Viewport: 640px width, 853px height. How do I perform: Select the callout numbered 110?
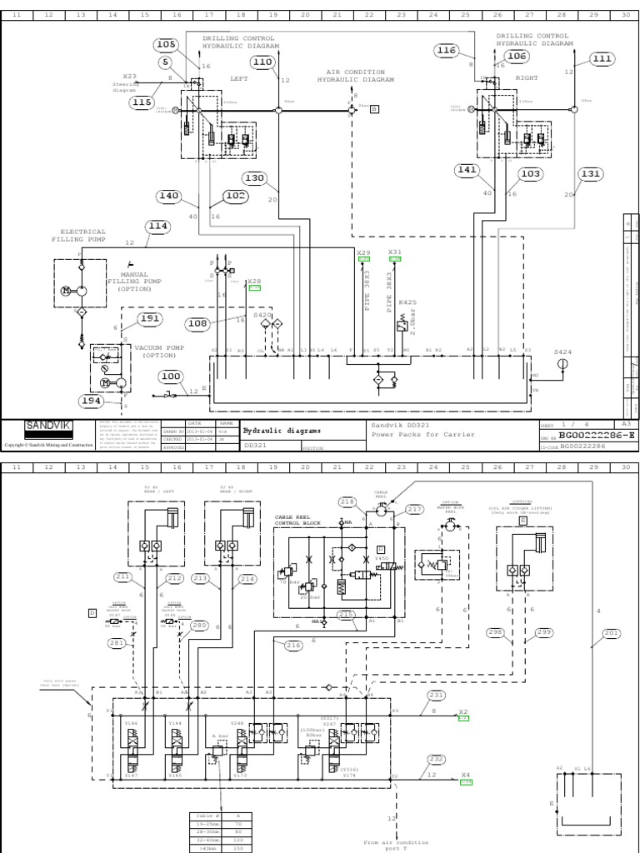point(262,62)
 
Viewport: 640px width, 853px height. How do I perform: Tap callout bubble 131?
point(590,174)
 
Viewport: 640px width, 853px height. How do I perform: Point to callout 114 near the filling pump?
point(157,226)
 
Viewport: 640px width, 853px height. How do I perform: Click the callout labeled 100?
point(170,377)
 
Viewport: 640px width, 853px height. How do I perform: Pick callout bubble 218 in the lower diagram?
point(346,501)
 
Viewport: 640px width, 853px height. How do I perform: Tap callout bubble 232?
point(436,759)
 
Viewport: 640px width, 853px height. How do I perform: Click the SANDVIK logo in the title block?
point(48,426)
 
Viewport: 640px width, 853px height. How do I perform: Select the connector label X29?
point(363,252)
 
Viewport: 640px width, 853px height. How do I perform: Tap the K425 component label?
point(407,302)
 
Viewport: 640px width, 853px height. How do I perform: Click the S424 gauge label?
point(563,352)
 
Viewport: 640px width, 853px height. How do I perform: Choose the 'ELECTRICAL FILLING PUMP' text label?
point(82,236)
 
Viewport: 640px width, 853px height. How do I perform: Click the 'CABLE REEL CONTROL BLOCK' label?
point(297,520)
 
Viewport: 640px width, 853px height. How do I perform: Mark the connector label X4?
point(466,775)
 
